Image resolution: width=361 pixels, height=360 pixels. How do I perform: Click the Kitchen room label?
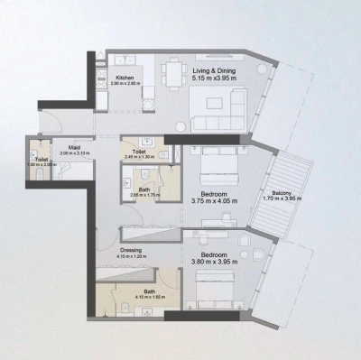(x=125, y=78)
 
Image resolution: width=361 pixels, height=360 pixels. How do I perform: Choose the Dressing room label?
(x=132, y=252)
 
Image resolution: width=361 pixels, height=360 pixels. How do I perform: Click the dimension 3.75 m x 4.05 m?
(x=214, y=201)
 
